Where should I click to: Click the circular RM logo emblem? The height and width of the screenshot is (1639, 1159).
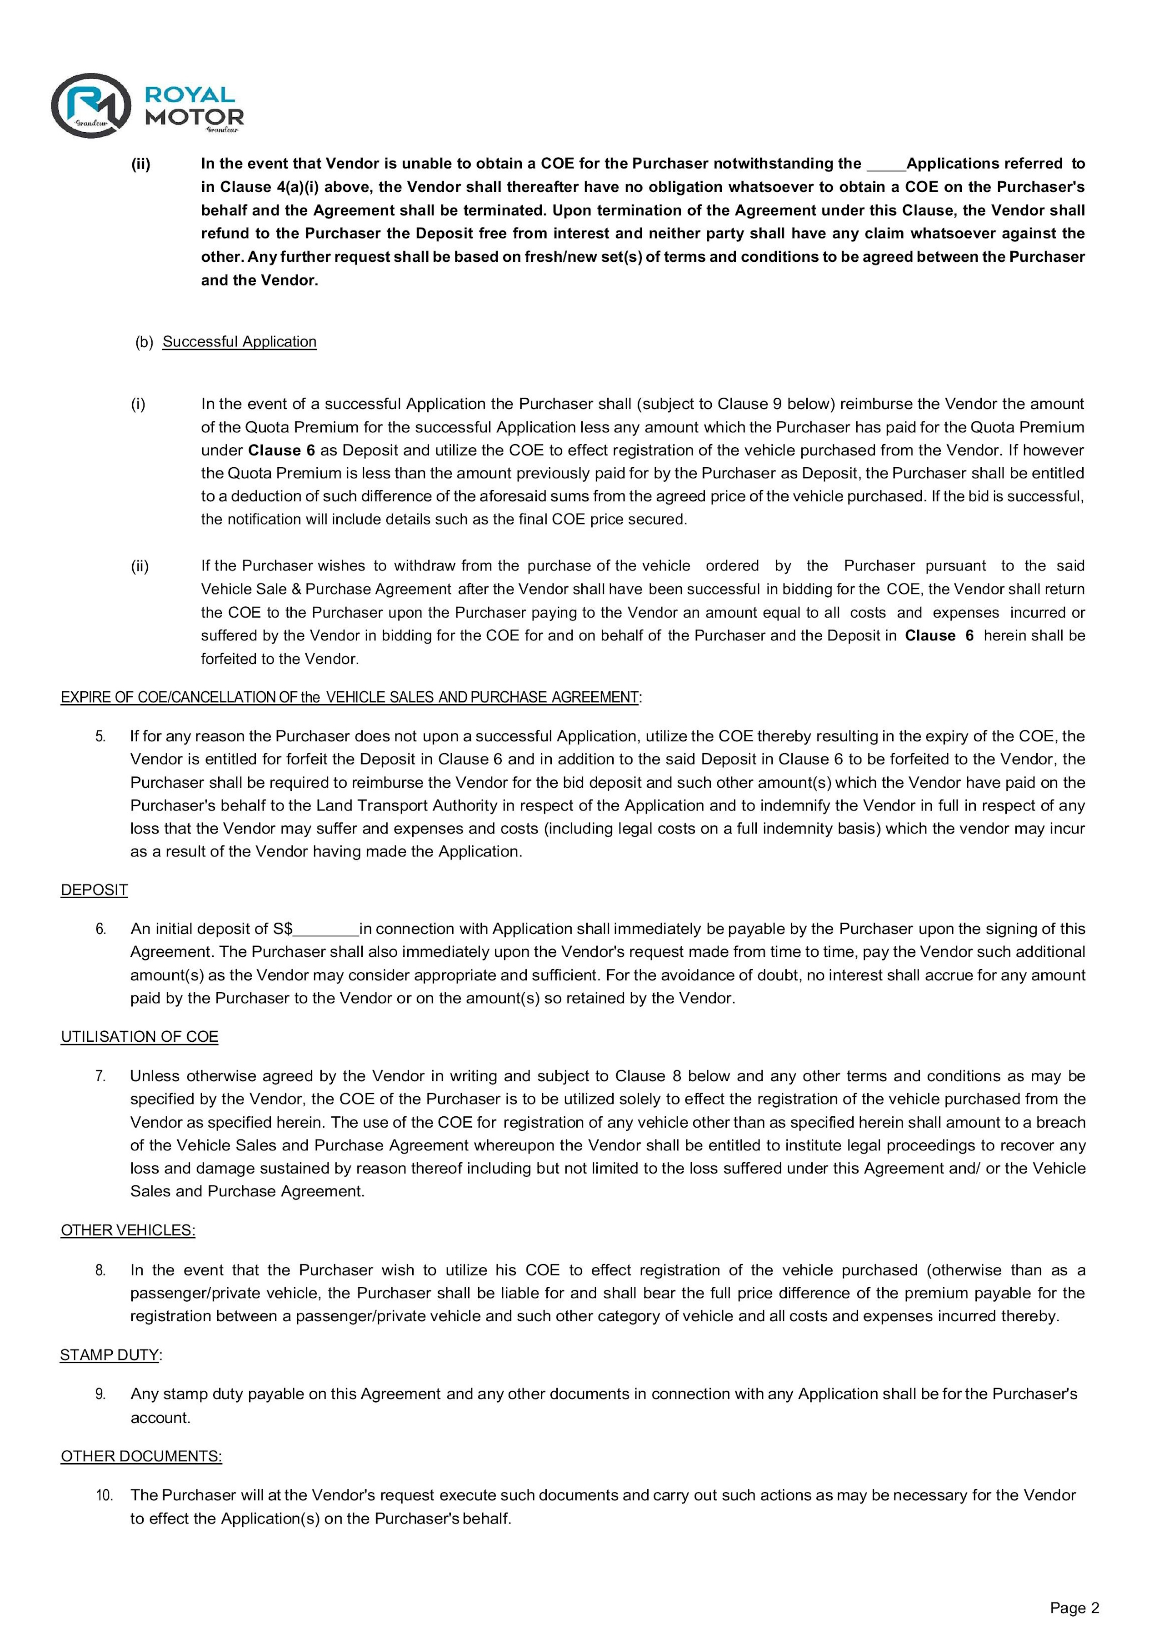click(90, 105)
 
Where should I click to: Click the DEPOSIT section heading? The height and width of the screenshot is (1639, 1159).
click(94, 890)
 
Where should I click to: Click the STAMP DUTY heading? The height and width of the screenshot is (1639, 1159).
click(109, 1355)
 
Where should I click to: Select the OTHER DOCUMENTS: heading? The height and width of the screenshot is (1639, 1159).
click(141, 1456)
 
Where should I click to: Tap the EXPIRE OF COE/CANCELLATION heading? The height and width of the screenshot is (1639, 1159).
click(350, 697)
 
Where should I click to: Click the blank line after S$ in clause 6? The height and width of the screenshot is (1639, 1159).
click(325, 930)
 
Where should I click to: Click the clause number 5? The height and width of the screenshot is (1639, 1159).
click(100, 736)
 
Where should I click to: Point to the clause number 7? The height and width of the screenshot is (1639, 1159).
click(100, 1076)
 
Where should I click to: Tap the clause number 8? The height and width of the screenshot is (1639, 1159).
click(100, 1270)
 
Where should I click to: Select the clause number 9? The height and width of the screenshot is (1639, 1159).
click(100, 1394)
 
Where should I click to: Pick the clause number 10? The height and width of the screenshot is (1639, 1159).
click(104, 1495)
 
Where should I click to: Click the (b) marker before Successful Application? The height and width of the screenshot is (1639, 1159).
click(144, 342)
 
